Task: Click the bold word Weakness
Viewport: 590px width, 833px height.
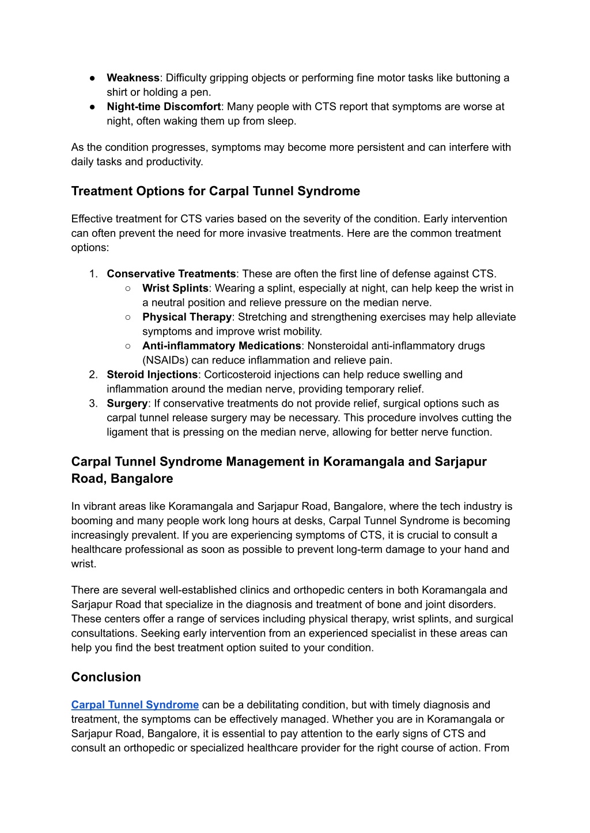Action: coord(133,78)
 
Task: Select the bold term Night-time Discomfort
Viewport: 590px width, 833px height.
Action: coord(164,107)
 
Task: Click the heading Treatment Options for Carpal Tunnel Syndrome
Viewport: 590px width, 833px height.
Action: coord(215,191)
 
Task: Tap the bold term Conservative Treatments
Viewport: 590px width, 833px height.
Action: coord(171,274)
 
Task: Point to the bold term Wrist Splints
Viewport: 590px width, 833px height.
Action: coord(175,288)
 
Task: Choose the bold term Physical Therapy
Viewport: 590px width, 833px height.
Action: coord(187,317)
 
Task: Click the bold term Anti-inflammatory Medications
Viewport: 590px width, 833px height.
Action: coord(221,346)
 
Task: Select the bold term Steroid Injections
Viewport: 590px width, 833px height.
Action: coord(152,374)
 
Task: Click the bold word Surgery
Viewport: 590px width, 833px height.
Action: coord(127,403)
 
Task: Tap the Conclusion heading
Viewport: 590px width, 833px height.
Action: coord(106,677)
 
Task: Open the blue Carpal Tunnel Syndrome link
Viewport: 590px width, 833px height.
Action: coord(135,705)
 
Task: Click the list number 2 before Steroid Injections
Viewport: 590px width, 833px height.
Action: coord(93,374)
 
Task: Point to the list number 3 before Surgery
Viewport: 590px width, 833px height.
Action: coord(93,403)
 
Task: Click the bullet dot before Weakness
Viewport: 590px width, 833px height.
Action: coord(92,78)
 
